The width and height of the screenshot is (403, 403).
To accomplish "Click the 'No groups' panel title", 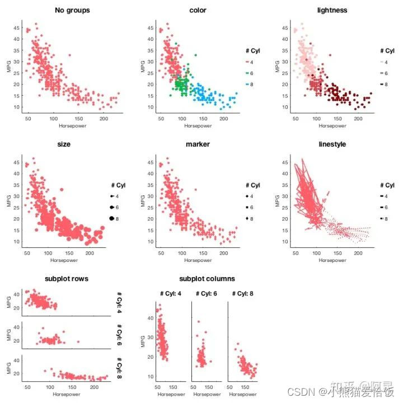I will (72, 10).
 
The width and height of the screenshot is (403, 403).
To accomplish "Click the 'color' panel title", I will (198, 10).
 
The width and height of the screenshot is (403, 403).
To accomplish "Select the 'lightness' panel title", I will (332, 10).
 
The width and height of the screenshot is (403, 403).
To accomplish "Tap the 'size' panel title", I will (72, 144).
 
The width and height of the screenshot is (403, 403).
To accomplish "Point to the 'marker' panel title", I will (198, 144).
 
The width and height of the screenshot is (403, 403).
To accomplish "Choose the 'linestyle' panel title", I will (332, 144).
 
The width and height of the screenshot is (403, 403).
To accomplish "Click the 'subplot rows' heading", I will (66, 279).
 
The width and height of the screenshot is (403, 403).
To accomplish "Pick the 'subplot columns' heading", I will (207, 279).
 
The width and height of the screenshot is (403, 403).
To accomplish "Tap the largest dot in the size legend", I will (112, 218).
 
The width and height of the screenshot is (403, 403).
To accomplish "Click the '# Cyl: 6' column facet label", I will (208, 293).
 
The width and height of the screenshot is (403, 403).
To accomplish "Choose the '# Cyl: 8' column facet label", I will (243, 293).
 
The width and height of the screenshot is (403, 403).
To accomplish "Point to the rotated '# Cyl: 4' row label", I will (120, 302).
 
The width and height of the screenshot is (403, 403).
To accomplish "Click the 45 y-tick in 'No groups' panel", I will (18, 28).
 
